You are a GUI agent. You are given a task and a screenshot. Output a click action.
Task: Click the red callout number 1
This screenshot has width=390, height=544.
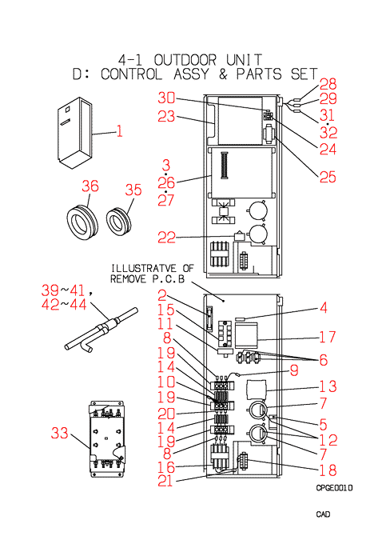[119, 131]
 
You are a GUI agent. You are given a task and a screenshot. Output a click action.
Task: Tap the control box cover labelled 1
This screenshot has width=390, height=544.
[75, 133]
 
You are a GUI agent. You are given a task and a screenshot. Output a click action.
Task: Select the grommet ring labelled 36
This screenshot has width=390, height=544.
[82, 222]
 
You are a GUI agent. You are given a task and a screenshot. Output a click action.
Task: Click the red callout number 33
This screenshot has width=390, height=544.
[60, 433]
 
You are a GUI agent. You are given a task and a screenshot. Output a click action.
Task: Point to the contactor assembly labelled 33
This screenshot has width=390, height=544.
[107, 438]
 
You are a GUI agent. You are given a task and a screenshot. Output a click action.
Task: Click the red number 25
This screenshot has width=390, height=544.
[328, 177]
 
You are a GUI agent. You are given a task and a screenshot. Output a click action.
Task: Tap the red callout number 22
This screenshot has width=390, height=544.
[167, 238]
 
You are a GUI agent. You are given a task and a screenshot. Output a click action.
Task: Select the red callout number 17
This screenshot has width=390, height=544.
[327, 337]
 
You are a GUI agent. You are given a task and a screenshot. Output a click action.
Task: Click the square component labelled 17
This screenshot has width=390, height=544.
[246, 335]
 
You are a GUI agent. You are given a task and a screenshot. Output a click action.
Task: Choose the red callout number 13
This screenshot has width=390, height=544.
[328, 386]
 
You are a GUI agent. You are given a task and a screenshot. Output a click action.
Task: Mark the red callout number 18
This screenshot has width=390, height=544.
[328, 470]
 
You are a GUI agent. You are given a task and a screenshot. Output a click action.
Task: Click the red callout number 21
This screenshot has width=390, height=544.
[165, 481]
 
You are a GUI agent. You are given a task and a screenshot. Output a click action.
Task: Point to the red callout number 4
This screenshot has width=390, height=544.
[323, 307]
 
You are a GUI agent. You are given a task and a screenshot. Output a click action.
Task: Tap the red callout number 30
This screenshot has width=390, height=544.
[167, 98]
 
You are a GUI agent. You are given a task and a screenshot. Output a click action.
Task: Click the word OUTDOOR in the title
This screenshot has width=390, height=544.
[185, 60]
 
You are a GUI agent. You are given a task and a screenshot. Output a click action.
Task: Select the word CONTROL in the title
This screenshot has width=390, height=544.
[131, 74]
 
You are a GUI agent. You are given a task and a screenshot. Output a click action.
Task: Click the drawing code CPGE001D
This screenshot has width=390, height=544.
[334, 488]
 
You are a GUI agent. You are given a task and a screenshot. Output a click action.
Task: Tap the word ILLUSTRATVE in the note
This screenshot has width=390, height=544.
[144, 268]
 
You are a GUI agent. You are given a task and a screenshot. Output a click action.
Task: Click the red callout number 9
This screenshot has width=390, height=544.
[294, 370]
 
